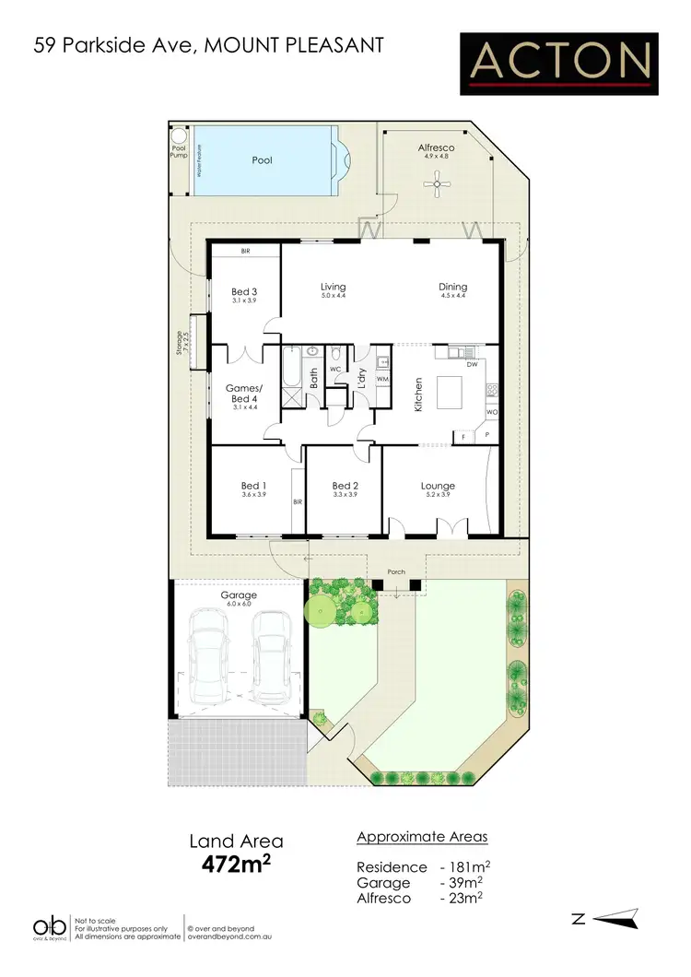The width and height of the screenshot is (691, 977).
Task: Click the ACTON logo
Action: pyautogui.click(x=559, y=64)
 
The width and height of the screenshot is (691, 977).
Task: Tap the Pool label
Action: pyautogui.click(x=263, y=160)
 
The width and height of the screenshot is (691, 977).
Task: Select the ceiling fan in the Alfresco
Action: pyautogui.click(x=435, y=185)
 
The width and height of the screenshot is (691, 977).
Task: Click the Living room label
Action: pyautogui.click(x=332, y=286)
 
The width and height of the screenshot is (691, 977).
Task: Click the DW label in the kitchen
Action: pyautogui.click(x=472, y=365)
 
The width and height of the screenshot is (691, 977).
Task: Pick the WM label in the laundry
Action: pyautogui.click(x=381, y=379)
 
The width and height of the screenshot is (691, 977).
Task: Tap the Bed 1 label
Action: pyautogui.click(x=253, y=486)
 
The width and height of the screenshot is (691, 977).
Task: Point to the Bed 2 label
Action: pyautogui.click(x=344, y=486)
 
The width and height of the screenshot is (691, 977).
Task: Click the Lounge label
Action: pyautogui.click(x=438, y=486)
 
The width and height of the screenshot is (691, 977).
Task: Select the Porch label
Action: pyautogui.click(x=396, y=571)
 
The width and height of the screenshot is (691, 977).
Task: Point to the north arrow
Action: pyautogui.click(x=615, y=917)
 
